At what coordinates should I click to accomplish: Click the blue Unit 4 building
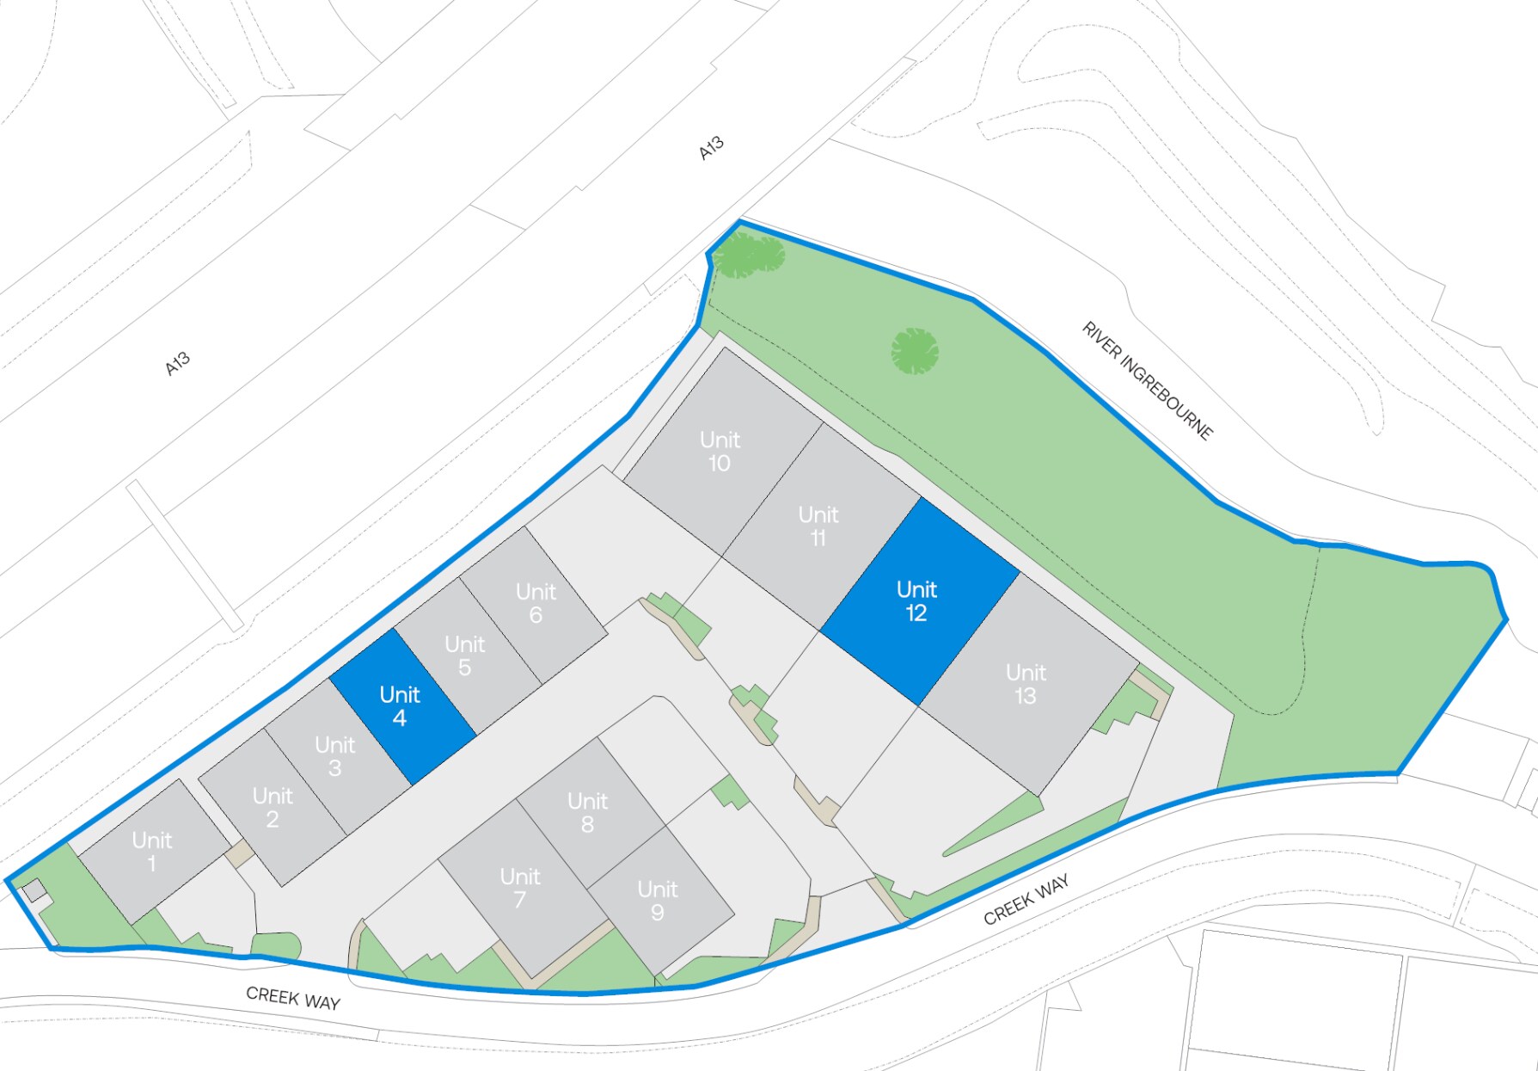tap(401, 706)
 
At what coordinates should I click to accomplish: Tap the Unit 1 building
tap(153, 851)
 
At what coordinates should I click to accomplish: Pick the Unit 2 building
tap(273, 807)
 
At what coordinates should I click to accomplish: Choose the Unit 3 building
tap(335, 756)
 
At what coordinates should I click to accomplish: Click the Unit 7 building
tap(521, 888)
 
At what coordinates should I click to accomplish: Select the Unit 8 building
tap(589, 812)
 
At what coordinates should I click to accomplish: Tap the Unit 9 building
tap(659, 900)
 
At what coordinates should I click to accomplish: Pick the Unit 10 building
tap(720, 451)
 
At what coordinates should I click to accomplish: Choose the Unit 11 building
tap(819, 526)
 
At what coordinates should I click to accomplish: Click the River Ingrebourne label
tap(1147, 380)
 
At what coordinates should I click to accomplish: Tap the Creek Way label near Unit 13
tap(1026, 899)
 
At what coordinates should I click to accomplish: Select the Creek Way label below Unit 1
tap(293, 998)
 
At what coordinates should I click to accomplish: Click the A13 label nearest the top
tap(711, 148)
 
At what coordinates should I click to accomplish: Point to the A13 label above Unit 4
tap(177, 364)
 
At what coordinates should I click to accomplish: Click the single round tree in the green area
tap(914, 351)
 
